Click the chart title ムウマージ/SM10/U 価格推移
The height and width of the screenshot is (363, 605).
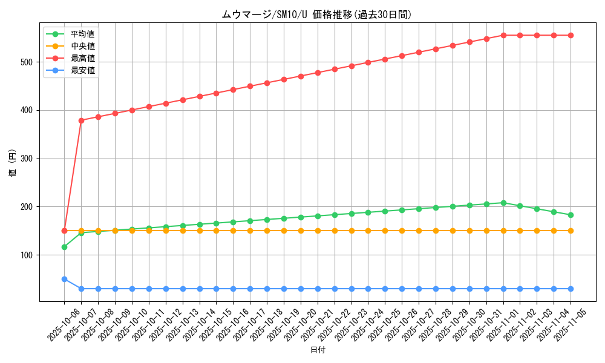[316, 15]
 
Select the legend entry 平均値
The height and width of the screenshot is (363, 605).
[82, 34]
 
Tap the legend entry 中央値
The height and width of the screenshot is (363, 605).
[82, 46]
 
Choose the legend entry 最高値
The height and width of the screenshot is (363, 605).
[82, 58]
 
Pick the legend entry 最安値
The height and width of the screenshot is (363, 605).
[82, 70]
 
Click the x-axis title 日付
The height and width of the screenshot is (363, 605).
[318, 350]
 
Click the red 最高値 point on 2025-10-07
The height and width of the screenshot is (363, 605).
[81, 120]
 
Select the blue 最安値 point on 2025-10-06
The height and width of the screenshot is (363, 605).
[64, 279]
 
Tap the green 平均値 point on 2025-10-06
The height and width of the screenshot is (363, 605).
[64, 247]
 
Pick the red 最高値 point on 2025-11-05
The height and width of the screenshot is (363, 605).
[571, 35]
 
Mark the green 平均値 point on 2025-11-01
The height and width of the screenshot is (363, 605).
[503, 203]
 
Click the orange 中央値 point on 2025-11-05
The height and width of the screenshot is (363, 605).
[571, 231]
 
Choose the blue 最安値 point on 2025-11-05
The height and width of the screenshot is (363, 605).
[571, 289]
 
